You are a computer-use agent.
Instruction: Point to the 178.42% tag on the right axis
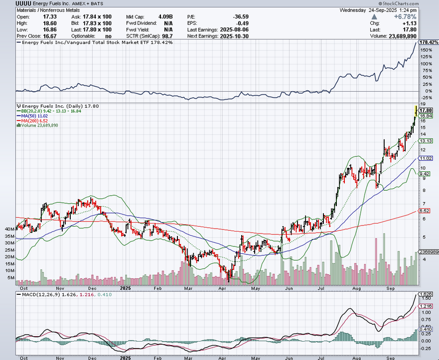429,42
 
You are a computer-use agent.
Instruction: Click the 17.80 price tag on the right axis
425,110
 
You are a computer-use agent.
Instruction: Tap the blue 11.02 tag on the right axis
425,158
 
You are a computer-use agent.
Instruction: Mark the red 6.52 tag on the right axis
424,211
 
